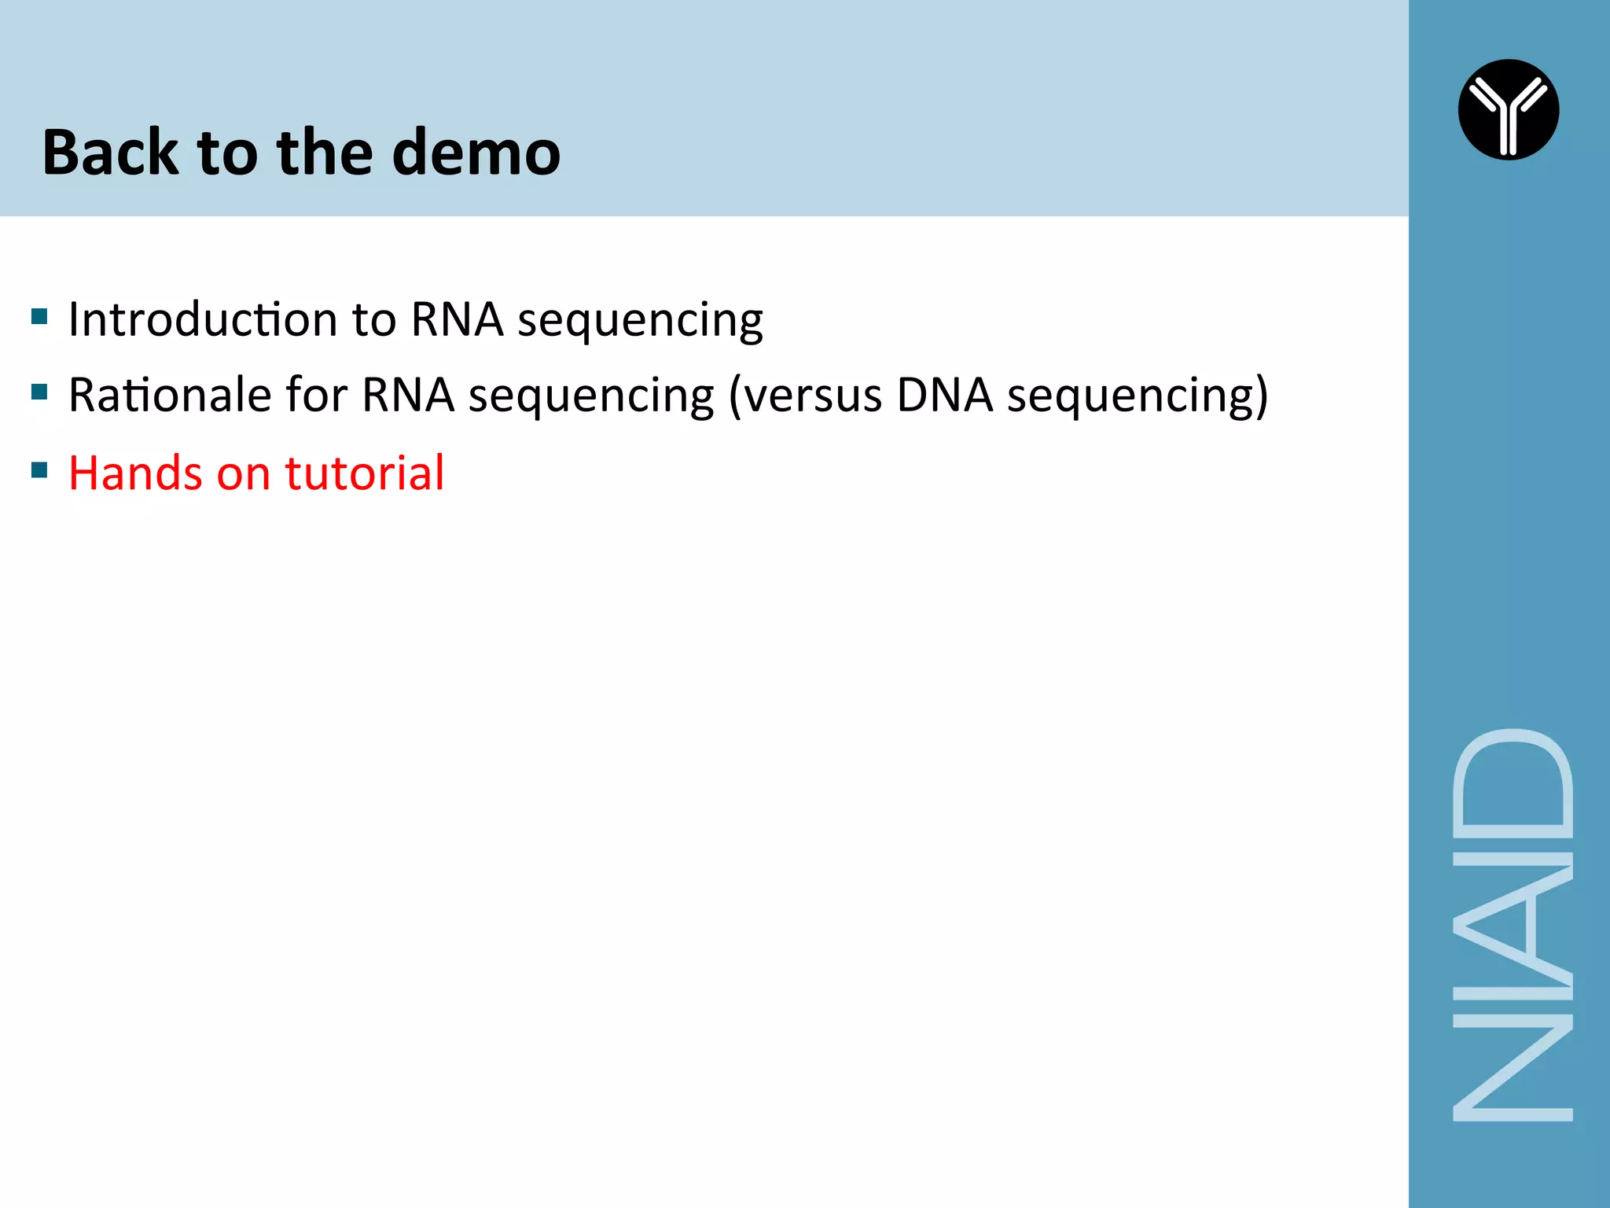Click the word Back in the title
pos(110,153)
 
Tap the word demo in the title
pos(476,153)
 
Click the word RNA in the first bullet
pos(457,319)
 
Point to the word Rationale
pos(170,395)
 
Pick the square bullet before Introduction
pos(39,317)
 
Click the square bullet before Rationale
pos(39,392)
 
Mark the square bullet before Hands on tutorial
pos(39,470)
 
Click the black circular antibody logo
pos(1508,110)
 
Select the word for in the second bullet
pos(316,395)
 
